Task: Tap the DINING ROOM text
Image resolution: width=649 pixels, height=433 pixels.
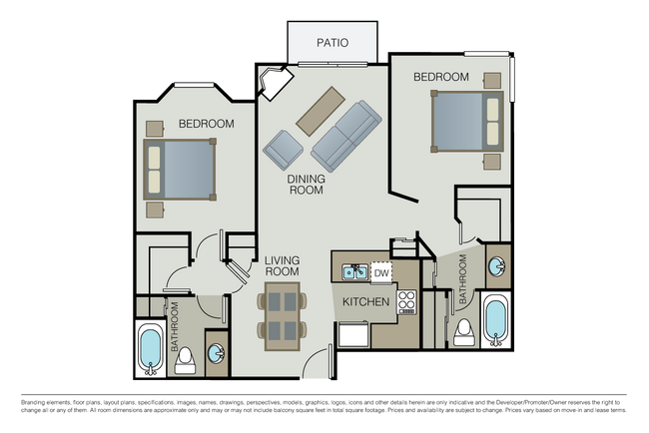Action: (x=306, y=184)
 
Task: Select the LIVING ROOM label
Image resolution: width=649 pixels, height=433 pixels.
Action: (x=282, y=264)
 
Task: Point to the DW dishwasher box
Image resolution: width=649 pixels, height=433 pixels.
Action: (x=380, y=271)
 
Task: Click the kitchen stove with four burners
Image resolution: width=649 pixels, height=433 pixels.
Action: (x=406, y=301)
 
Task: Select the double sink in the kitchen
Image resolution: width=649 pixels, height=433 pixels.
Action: (x=352, y=272)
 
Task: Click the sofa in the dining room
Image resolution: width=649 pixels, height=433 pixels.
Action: (x=345, y=138)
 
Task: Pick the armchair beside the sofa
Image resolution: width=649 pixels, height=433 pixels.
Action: (x=283, y=151)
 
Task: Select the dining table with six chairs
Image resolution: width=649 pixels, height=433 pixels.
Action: (x=282, y=316)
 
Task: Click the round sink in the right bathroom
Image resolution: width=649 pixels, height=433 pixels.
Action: (x=496, y=266)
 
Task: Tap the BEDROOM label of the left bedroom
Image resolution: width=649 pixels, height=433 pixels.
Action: (x=206, y=124)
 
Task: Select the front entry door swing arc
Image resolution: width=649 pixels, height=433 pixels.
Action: (x=317, y=359)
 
